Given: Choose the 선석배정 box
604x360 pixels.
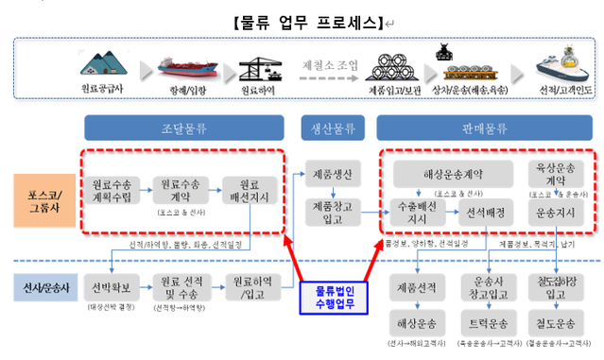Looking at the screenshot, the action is [484, 213].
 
